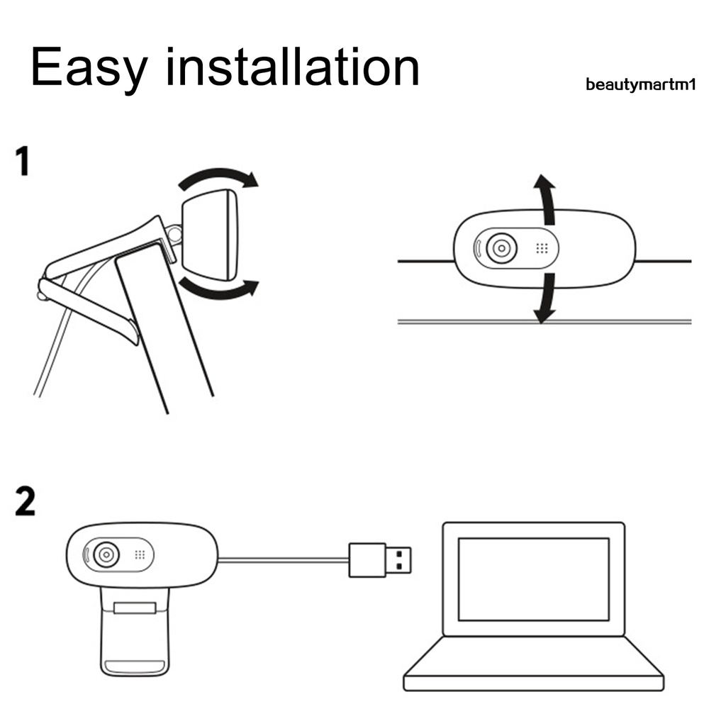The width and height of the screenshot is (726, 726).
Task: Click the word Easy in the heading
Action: (x=89, y=68)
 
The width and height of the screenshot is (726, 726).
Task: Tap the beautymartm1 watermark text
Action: (x=640, y=85)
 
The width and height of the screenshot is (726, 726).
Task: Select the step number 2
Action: (x=25, y=501)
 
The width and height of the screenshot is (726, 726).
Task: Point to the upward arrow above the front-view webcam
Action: (x=547, y=199)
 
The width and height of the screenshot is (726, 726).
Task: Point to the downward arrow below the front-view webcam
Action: (x=547, y=298)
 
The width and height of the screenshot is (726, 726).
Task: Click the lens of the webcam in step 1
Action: (x=501, y=248)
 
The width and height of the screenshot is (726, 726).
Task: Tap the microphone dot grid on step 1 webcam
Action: (x=542, y=249)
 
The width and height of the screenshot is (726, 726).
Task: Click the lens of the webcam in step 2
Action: (x=106, y=554)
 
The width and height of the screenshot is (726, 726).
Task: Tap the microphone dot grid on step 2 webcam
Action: (x=140, y=554)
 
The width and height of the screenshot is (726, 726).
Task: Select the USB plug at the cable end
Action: (x=380, y=560)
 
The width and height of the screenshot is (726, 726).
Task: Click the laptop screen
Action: (x=533, y=579)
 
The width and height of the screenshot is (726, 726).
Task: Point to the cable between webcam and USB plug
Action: (x=283, y=560)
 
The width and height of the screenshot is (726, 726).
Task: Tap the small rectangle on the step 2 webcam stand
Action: (x=135, y=608)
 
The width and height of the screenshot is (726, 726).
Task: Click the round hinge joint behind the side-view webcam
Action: (x=175, y=234)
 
